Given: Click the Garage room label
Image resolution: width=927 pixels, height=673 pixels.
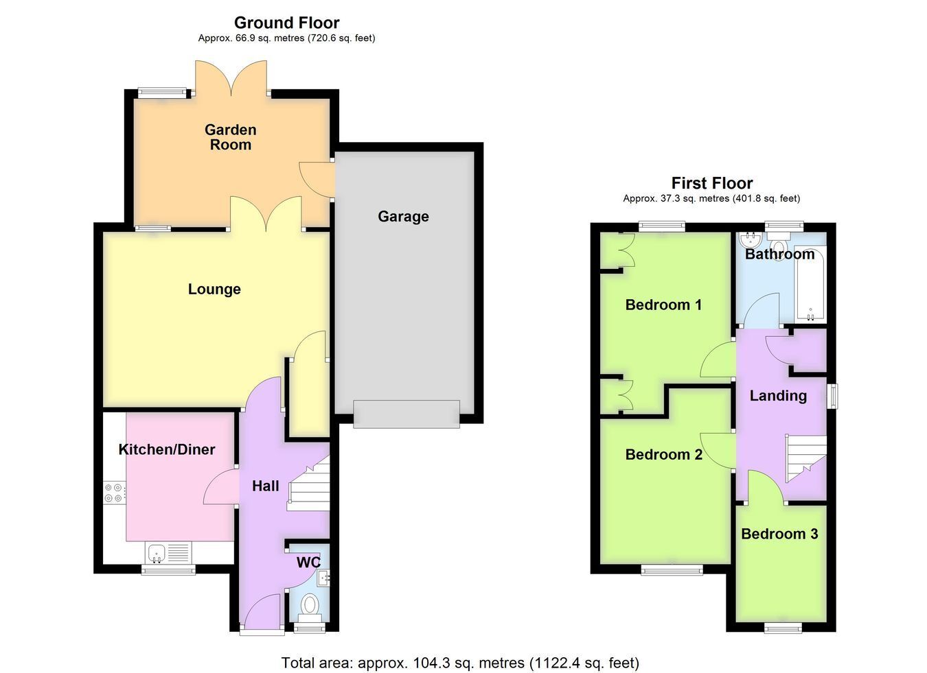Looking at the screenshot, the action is [403, 217].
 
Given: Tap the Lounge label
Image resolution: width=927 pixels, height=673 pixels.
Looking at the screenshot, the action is [214, 289].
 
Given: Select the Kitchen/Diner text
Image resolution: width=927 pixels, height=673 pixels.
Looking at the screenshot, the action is [167, 449].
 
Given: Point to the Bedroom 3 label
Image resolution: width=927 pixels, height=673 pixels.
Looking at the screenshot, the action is [779, 534].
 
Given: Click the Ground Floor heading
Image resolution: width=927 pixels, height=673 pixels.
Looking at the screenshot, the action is [287, 23].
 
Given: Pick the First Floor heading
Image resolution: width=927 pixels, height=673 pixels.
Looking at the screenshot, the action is [712, 182].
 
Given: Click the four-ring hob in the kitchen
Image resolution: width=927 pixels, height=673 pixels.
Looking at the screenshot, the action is [115, 493].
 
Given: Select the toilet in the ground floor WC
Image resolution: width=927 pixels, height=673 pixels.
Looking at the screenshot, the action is [310, 608].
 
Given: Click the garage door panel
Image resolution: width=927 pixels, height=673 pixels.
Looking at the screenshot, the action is [407, 414].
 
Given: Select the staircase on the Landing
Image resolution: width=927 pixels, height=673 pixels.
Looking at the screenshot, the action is [805, 458].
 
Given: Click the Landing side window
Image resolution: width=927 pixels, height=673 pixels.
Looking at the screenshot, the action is [832, 397].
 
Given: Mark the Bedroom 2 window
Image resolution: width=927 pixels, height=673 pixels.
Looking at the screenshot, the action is [672, 570].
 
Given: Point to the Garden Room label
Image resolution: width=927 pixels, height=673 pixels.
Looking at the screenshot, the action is [231, 137].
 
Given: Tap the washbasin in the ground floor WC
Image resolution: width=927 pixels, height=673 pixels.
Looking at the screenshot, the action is [323, 578].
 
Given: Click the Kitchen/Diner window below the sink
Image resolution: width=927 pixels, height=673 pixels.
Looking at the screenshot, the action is [168, 570].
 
